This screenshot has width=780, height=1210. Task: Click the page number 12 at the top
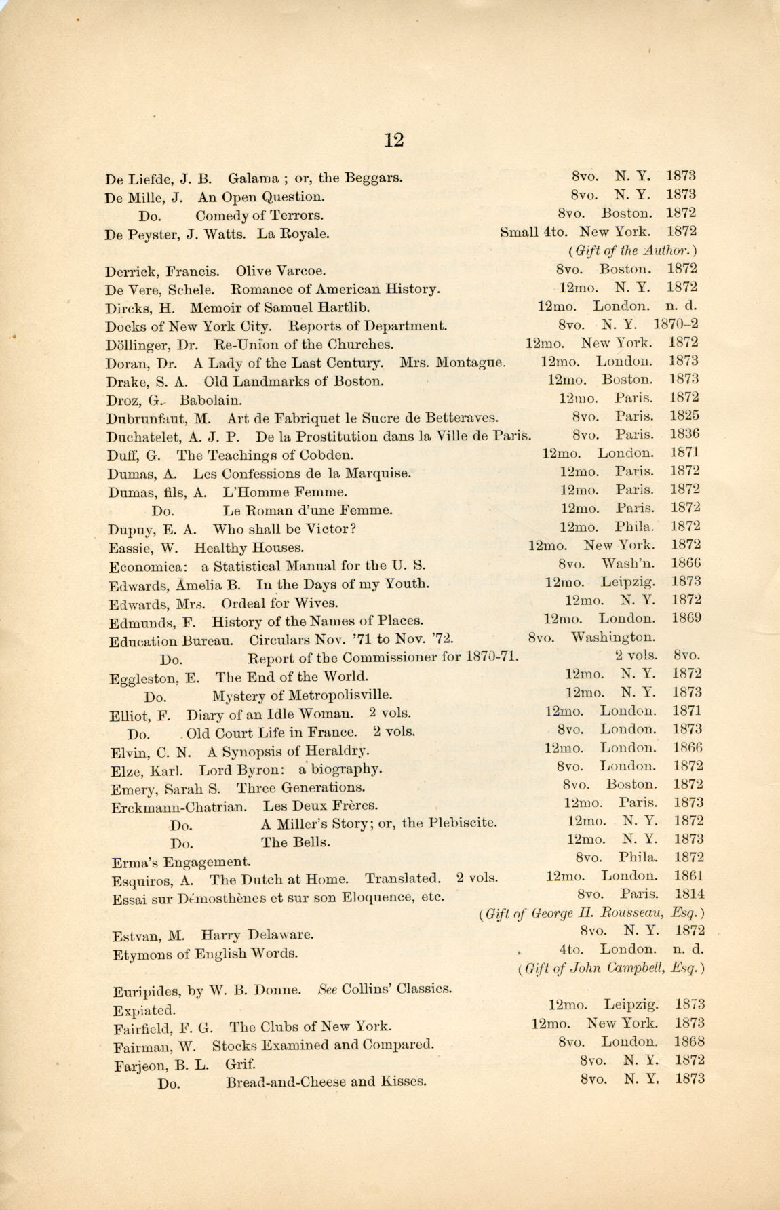[x=393, y=140]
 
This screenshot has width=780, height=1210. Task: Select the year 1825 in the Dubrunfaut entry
[x=684, y=416]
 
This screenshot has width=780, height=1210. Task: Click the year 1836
[x=684, y=434]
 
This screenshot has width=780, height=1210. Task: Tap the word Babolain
[x=210, y=400]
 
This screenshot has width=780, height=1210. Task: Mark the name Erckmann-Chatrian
[x=178, y=807]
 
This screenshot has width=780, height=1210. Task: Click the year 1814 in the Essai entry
[x=689, y=894]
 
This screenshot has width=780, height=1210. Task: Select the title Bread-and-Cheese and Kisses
[x=326, y=1082]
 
